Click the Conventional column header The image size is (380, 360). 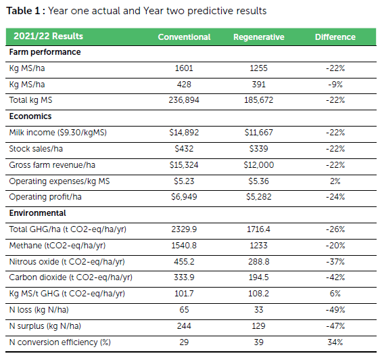(184, 37)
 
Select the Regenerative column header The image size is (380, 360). (258, 37)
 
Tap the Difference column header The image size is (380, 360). (335, 37)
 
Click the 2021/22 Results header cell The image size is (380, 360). (48, 36)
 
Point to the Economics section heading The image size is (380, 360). (30, 116)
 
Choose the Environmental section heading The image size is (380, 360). (37, 213)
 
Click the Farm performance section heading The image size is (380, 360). (45, 52)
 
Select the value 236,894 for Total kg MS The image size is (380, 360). (184, 100)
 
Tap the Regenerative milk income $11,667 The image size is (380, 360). (258, 133)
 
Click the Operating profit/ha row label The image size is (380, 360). (45, 197)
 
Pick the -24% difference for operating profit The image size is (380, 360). (335, 197)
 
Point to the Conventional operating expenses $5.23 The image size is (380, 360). (184, 181)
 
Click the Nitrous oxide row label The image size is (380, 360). (67, 262)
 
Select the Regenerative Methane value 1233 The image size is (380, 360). (258, 246)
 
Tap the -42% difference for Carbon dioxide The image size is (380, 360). (335, 277)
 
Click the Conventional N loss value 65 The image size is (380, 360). (184, 310)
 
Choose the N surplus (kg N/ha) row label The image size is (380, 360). (45, 326)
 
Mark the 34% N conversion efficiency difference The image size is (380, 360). (335, 342)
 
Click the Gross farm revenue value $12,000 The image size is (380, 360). (258, 165)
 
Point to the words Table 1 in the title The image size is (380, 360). (23, 11)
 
